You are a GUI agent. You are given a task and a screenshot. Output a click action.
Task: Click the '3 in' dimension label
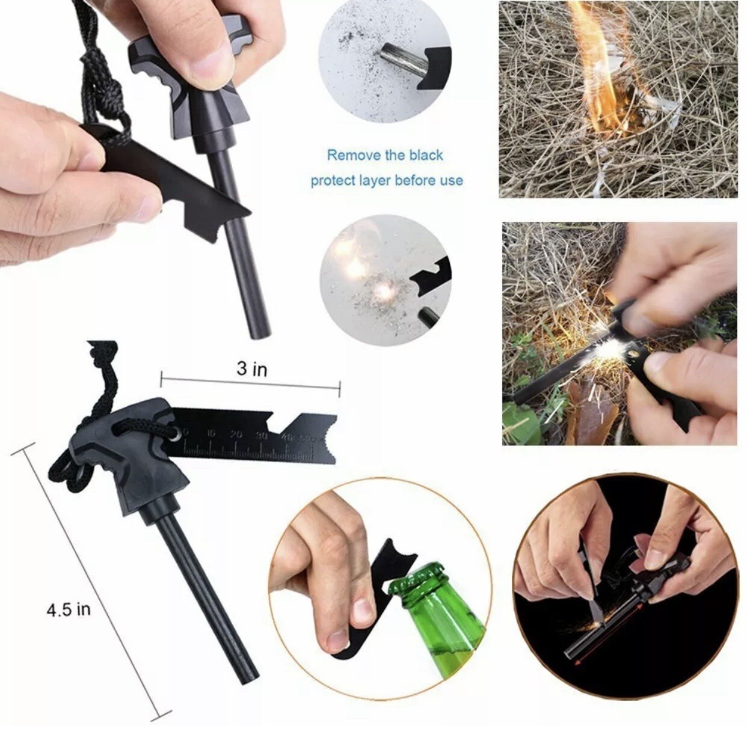251,368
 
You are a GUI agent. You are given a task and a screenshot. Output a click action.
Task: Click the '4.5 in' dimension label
69,609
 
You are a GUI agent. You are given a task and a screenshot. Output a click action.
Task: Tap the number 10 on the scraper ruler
211,434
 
